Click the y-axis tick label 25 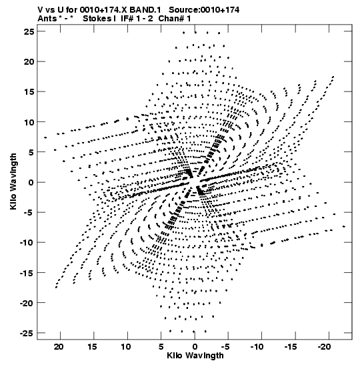(29, 31)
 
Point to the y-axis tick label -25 (27, 333)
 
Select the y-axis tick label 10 (29, 122)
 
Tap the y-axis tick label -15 (27, 273)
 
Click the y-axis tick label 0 (31, 182)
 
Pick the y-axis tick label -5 (29, 213)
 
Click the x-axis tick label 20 (59, 347)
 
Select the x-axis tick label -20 (325, 347)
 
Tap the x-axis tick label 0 (195, 347)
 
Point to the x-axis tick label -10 (257, 347)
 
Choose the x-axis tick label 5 (161, 347)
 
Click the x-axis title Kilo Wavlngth (195, 356)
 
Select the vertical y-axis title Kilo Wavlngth (13, 181)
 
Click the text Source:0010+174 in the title (204, 10)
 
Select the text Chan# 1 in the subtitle (175, 19)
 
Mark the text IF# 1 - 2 (137, 19)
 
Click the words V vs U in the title (51, 10)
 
